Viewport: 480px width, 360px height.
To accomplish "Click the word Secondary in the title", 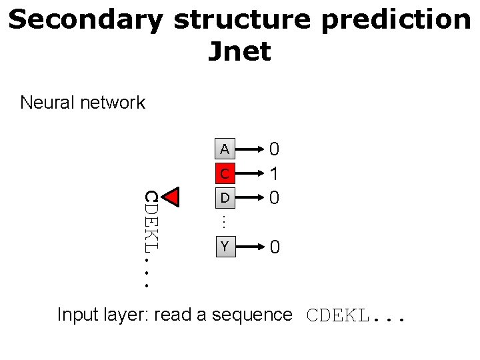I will pos(85,21).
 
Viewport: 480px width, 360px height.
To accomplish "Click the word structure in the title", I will pos(241,21).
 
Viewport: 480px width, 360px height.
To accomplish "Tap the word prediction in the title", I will pos(395,21).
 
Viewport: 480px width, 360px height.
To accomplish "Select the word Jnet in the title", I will pos(239,51).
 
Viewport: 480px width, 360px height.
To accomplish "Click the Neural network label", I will pos(83,103).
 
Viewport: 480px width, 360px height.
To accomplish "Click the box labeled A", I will pos(225,149).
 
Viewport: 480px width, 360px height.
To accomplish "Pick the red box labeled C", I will pos(225,174).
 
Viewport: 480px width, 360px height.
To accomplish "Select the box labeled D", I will pos(225,198).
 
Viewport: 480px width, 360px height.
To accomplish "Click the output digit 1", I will pos(273,174).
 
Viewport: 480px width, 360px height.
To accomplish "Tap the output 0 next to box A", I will pos(273,149).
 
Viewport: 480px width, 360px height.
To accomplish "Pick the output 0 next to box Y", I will pos(274,248).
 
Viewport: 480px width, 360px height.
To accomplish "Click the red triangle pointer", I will pos(173,197).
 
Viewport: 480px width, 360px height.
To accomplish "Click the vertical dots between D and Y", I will pos(225,219).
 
